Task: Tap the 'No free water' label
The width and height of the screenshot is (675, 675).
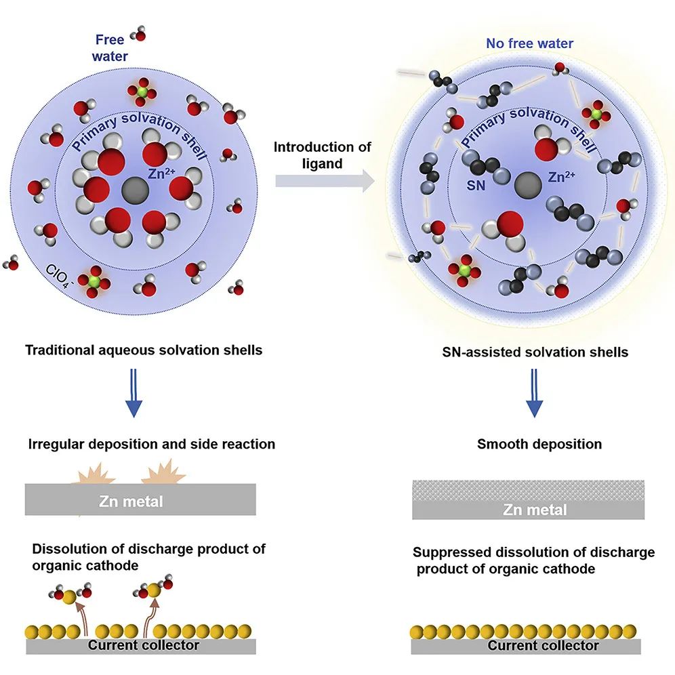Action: coord(529,44)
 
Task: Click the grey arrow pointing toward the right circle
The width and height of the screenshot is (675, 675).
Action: coord(325,180)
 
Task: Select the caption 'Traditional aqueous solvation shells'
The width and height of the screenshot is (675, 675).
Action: coord(144,351)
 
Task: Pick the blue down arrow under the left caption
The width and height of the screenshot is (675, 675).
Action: coord(135,397)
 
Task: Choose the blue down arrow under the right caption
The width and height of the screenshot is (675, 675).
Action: coord(535,397)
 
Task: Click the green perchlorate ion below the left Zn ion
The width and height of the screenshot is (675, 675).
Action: coord(94,279)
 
